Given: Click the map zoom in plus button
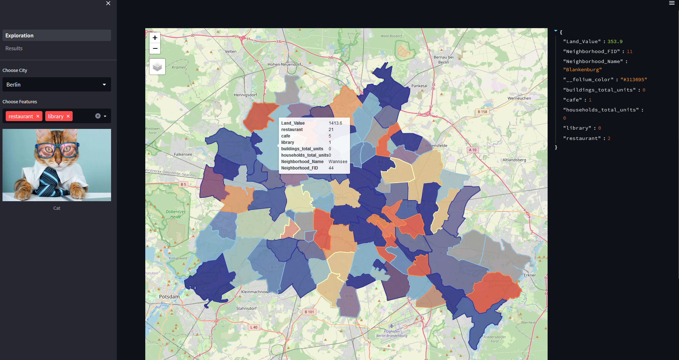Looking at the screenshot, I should [155, 38].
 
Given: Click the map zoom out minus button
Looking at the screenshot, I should [155, 48].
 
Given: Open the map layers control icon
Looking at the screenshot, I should [157, 67].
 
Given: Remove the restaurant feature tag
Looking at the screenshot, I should [38, 116].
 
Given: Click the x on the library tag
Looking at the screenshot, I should [68, 116].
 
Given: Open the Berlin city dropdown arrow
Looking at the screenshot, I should [104, 85].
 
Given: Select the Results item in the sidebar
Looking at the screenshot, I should [14, 48].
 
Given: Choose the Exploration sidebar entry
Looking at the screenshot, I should [20, 36].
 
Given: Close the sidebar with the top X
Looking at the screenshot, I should [108, 3].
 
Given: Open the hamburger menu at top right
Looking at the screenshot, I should [672, 3].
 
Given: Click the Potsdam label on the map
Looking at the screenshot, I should [169, 297].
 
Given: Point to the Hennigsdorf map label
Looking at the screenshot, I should [245, 95].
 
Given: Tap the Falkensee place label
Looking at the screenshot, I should [183, 154].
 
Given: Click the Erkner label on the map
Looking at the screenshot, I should [529, 275].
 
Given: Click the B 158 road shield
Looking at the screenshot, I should [482, 112].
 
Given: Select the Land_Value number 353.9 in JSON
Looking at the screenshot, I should [615, 42].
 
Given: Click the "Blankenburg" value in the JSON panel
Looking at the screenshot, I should [583, 70].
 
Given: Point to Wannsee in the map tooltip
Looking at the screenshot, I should [338, 162].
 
